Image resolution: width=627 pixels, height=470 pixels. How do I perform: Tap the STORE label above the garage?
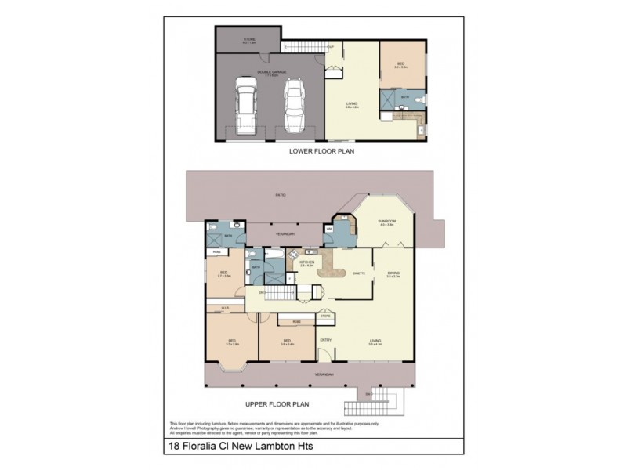(249, 38)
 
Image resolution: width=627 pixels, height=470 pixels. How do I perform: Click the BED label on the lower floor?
(400, 64)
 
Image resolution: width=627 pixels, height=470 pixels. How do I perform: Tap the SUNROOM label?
(386, 221)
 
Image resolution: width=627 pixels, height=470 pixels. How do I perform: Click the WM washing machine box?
(328, 229)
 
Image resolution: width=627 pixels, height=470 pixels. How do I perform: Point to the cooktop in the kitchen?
(291, 254)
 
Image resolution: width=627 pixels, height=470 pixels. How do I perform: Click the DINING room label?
(393, 273)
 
